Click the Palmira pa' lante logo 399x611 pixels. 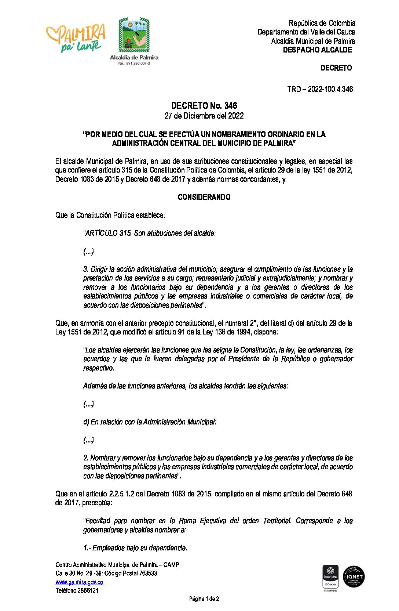(x=76, y=37)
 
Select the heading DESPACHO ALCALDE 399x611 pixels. (x=317, y=50)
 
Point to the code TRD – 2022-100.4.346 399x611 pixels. (x=320, y=89)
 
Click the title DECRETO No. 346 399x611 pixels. (x=204, y=106)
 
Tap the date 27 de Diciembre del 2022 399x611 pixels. (x=204, y=116)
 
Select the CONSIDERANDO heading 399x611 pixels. (x=204, y=197)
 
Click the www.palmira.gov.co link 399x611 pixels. (x=79, y=582)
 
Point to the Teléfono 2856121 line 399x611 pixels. (x=77, y=590)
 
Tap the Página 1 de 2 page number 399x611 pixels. (x=204, y=599)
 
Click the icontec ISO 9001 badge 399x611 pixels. (x=330, y=576)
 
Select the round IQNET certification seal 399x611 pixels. (x=354, y=576)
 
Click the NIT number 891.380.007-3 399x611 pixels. (x=134, y=64)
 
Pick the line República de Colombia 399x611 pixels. (x=322, y=23)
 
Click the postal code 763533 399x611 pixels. (x=148, y=573)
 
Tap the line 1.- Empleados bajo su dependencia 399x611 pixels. (x=135, y=548)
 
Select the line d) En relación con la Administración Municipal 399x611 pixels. (x=150, y=422)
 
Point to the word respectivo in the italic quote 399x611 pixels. (x=98, y=368)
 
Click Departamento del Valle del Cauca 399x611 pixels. (x=306, y=32)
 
